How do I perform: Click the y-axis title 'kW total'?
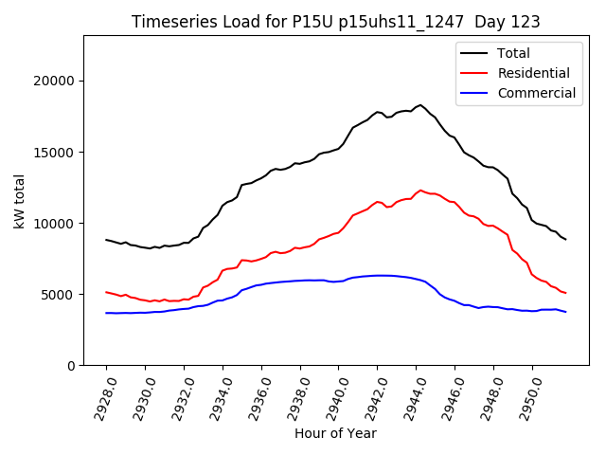pos(20,200)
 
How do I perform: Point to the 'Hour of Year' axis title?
pos(335,433)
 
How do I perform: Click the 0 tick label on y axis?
pos(71,365)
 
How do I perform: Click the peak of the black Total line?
pos(420,105)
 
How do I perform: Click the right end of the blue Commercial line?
pos(565,312)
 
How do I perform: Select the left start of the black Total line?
pos(106,240)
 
